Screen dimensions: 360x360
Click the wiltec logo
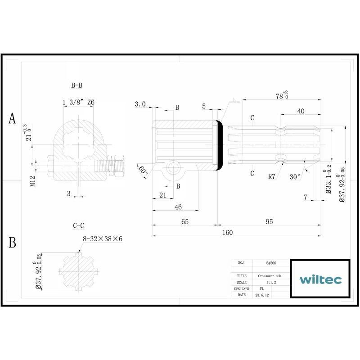(x=320, y=279)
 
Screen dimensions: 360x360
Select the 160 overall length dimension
(x=227, y=232)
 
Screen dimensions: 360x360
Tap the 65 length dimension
(x=185, y=221)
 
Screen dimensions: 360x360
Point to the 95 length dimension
(x=269, y=221)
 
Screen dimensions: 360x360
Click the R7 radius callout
(x=272, y=176)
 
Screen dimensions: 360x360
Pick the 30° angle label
(x=295, y=176)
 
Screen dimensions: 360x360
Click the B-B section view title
(x=76, y=85)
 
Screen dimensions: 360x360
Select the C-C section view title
(x=78, y=225)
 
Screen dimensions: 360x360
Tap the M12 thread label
(x=33, y=181)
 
